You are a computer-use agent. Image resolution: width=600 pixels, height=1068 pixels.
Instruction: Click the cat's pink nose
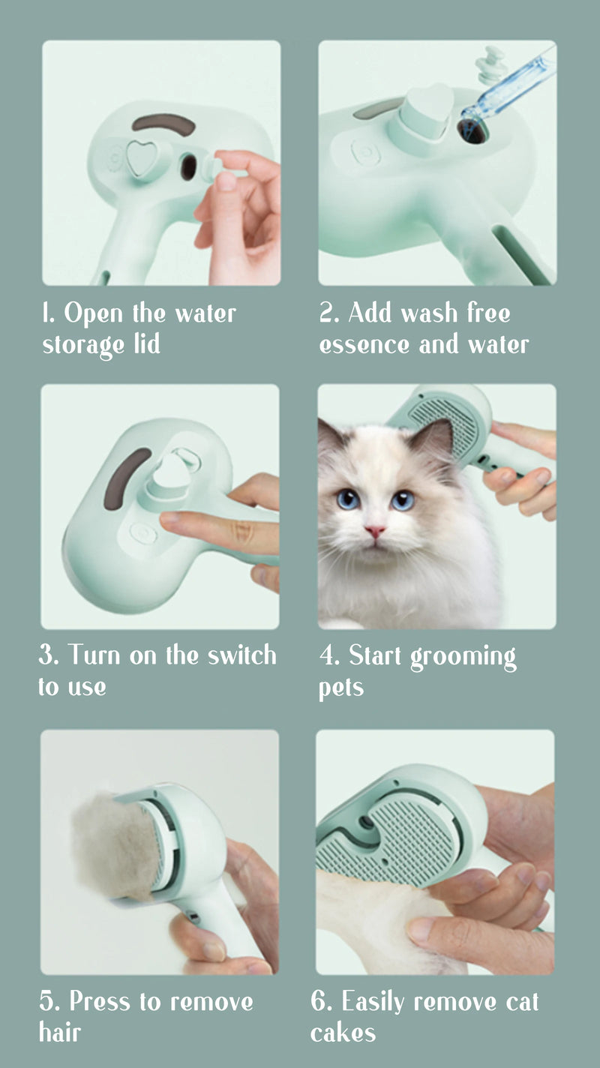pyautogui.click(x=374, y=532)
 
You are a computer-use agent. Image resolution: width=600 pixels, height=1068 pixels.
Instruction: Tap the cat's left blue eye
pyautogui.click(x=347, y=499)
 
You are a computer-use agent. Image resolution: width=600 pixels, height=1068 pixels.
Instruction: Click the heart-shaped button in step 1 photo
pyautogui.click(x=139, y=157)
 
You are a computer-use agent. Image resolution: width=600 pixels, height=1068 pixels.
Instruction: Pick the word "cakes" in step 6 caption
pyautogui.click(x=343, y=1033)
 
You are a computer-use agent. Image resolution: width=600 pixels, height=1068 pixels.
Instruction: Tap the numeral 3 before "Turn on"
pyautogui.click(x=46, y=655)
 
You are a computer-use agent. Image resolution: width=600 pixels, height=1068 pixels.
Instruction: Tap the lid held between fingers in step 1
pyautogui.click(x=221, y=173)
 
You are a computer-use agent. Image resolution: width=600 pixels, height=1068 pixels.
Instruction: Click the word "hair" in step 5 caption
pyautogui.click(x=60, y=1033)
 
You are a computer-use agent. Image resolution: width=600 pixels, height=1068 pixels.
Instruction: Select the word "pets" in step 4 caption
pyautogui.click(x=341, y=688)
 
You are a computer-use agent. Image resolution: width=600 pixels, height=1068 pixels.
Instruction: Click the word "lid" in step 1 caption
pyautogui.click(x=147, y=345)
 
